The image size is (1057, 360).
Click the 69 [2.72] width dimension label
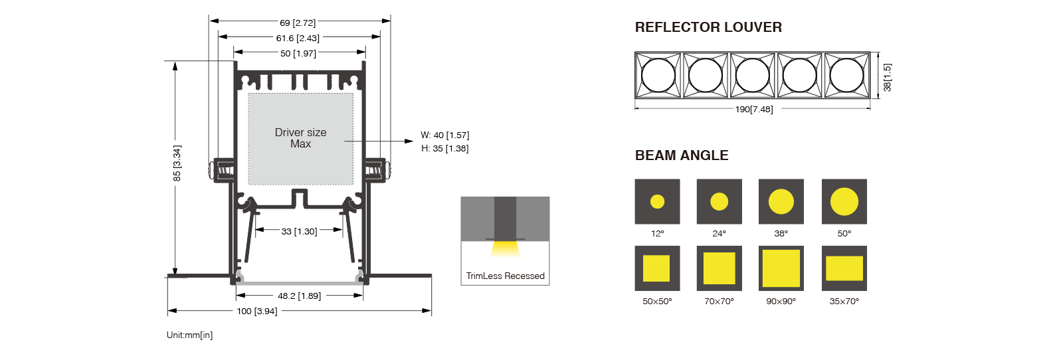tap(298, 23)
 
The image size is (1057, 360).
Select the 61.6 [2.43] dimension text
tap(298, 38)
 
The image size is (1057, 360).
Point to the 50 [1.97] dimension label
tap(298, 53)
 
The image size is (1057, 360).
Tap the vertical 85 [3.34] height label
tap(177, 163)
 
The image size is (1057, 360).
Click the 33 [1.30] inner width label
tap(299, 231)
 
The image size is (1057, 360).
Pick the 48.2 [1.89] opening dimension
tap(299, 296)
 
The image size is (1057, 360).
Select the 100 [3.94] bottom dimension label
tap(257, 311)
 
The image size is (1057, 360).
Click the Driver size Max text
tap(300, 138)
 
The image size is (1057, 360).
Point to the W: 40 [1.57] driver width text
tap(444, 135)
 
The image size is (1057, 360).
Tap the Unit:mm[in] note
tap(189, 335)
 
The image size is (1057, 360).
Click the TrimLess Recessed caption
tap(505, 276)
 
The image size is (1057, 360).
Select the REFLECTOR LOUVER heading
tap(708, 27)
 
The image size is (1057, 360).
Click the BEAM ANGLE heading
tap(682, 155)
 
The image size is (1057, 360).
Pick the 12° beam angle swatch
tap(657, 201)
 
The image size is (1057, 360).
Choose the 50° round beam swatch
tap(844, 201)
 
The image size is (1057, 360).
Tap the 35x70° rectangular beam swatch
tap(844, 268)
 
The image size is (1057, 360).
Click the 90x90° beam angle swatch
tap(781, 268)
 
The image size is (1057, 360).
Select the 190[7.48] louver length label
tap(754, 109)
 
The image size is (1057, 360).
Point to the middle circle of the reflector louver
tap(753, 75)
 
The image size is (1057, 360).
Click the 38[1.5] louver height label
tap(887, 77)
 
